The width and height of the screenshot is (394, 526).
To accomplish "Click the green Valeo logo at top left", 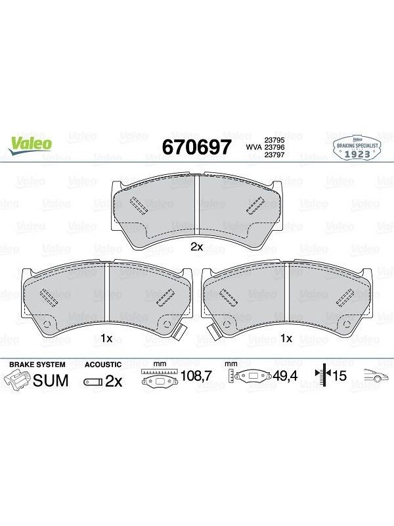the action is [30, 145].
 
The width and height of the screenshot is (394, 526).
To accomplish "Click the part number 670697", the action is [196, 147].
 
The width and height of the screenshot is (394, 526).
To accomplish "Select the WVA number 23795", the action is [274, 140].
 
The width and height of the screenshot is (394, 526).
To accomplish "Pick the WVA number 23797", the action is [274, 155].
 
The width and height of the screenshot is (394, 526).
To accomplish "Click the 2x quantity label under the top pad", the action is [196, 247].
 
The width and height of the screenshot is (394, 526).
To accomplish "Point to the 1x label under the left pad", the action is [106, 338].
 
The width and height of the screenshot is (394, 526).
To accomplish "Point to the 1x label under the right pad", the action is [286, 338].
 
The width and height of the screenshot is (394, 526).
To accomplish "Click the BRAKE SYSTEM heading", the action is [37, 364].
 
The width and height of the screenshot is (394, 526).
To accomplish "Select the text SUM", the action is [51, 381].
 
